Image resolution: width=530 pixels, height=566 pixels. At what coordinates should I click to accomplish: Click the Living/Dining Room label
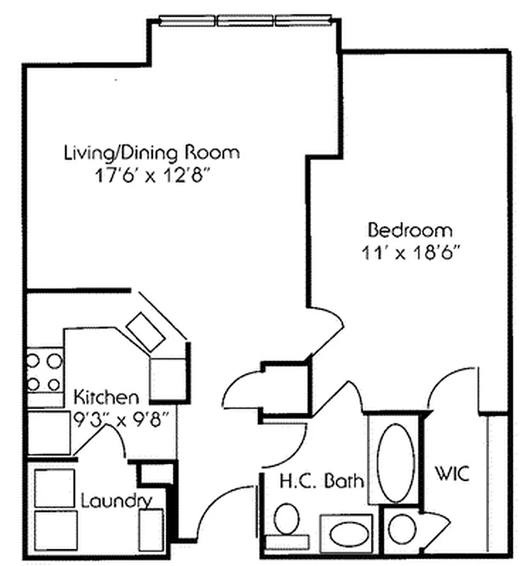pyautogui.click(x=152, y=152)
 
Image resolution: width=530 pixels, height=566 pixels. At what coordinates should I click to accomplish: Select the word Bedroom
pyautogui.click(x=410, y=230)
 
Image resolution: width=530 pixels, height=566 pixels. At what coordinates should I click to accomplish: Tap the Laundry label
pyautogui.click(x=116, y=502)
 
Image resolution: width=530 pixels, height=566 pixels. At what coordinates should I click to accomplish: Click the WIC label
pyautogui.click(x=452, y=474)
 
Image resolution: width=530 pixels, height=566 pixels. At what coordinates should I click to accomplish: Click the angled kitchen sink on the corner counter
pyautogui.click(x=145, y=327)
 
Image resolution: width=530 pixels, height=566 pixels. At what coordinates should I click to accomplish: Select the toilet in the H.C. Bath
pyautogui.click(x=287, y=522)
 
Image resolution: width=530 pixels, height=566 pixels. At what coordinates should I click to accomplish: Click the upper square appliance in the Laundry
pyautogui.click(x=54, y=487)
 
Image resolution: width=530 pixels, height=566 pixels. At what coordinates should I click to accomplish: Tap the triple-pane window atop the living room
pyautogui.click(x=244, y=21)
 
